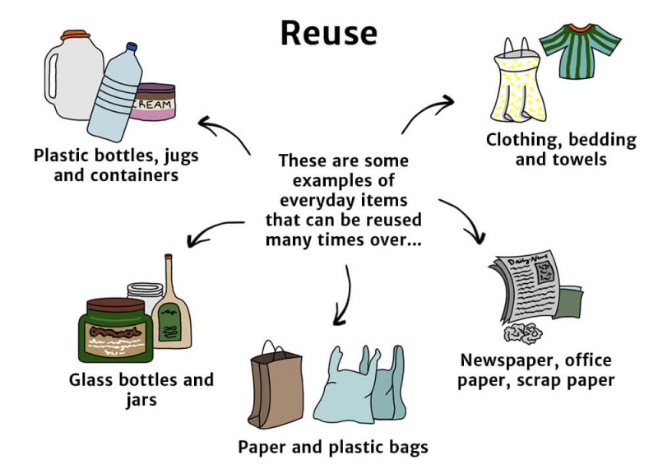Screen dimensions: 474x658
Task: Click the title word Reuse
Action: click(328, 32)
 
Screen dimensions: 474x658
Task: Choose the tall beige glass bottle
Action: click(174, 304)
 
